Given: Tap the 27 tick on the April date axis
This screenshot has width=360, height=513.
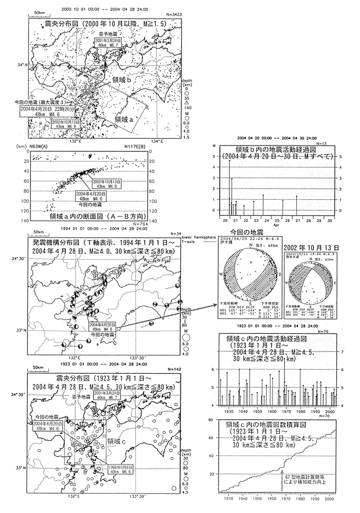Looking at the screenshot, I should [296, 220].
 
